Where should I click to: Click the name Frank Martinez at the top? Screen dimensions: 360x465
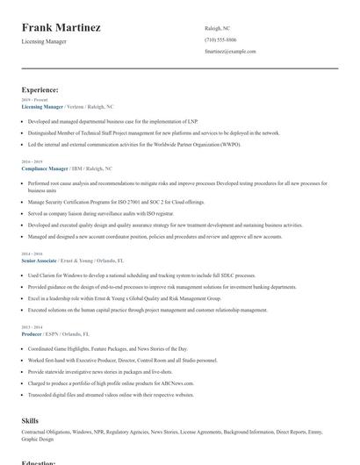[61, 27]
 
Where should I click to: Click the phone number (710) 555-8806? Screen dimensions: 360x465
[220, 40]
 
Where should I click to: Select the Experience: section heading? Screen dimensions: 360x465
[40, 89]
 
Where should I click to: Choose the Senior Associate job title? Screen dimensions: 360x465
[40, 261]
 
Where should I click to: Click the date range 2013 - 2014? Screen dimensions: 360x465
[30, 326]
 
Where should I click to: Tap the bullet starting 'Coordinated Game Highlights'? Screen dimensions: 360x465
[109, 347]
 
